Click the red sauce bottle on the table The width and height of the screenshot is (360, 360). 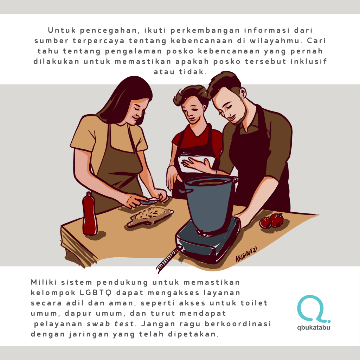tap(90, 214)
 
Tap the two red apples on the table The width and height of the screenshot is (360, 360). tap(271, 221)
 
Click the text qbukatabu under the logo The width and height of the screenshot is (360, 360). tap(314, 327)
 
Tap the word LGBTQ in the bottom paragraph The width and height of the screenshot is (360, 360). tap(96, 292)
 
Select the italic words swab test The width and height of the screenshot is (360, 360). tap(110, 324)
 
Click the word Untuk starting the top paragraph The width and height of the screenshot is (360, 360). tap(62, 30)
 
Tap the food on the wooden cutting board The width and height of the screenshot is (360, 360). tap(150, 213)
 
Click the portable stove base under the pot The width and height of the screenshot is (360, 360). tap(208, 241)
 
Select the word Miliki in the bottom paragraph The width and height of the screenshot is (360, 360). tap(44, 282)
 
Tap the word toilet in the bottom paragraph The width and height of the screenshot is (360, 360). tap(254, 303)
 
